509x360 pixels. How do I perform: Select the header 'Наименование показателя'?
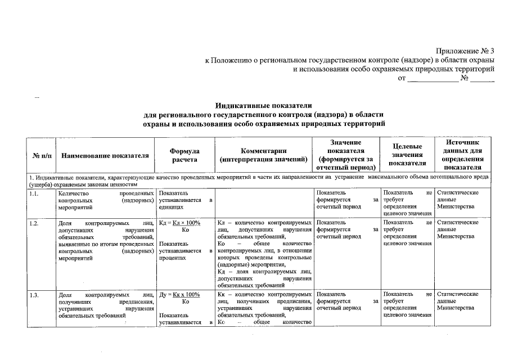(x=105, y=156)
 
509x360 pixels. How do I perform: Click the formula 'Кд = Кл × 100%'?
(x=180, y=223)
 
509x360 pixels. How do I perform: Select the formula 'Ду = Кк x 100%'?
(x=180, y=294)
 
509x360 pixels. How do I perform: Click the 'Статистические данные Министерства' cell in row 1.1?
(x=457, y=200)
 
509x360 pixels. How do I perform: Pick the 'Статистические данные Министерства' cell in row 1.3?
(x=457, y=301)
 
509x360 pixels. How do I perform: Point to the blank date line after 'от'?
(x=433, y=79)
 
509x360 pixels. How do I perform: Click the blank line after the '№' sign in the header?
(x=483, y=79)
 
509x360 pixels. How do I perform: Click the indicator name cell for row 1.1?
(x=106, y=200)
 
